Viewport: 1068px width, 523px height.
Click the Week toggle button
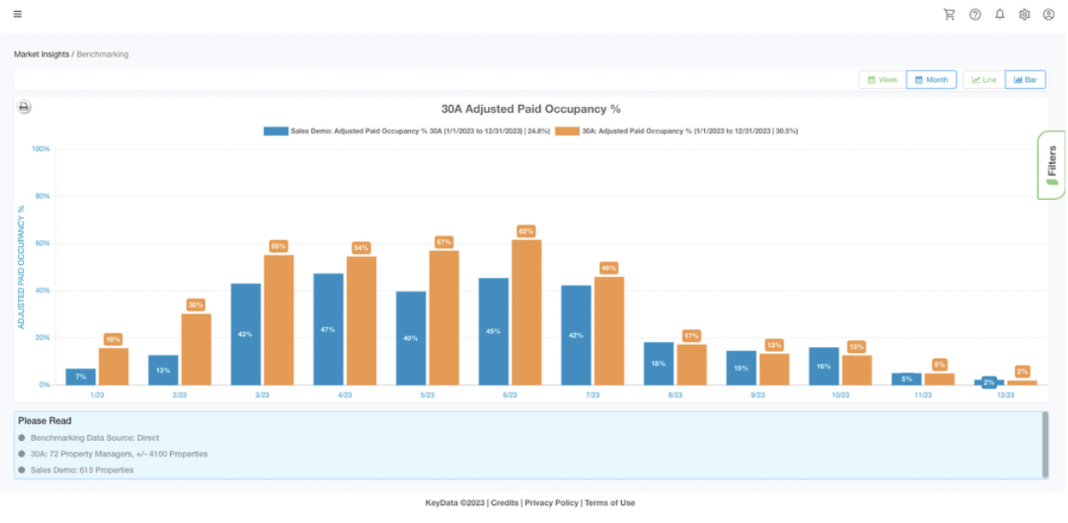(882, 79)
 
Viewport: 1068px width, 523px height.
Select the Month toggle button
(930, 79)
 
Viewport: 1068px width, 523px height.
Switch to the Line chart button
(983, 79)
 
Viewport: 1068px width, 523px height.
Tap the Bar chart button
(1025, 79)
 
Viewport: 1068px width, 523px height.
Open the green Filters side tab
(1052, 164)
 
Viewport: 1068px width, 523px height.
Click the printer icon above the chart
(24, 107)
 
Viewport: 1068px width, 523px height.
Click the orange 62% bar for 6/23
(526, 312)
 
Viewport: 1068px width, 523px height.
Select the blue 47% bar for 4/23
(328, 329)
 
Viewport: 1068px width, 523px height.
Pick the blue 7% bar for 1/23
(80, 377)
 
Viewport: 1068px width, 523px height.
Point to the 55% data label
(279, 246)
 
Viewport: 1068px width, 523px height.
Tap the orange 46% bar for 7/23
(609, 331)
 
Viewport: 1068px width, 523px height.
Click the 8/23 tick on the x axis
(675, 395)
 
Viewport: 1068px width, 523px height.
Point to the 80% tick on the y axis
(41, 196)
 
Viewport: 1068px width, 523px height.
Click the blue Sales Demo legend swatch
(275, 132)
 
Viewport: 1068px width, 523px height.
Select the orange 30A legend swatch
(566, 132)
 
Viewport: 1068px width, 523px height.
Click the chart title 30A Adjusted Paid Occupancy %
(531, 109)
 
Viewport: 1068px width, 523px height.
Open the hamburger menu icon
(18, 15)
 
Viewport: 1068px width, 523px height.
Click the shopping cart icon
(949, 15)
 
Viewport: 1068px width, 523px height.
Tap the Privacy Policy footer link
(551, 502)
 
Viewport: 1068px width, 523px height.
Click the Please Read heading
(44, 420)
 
